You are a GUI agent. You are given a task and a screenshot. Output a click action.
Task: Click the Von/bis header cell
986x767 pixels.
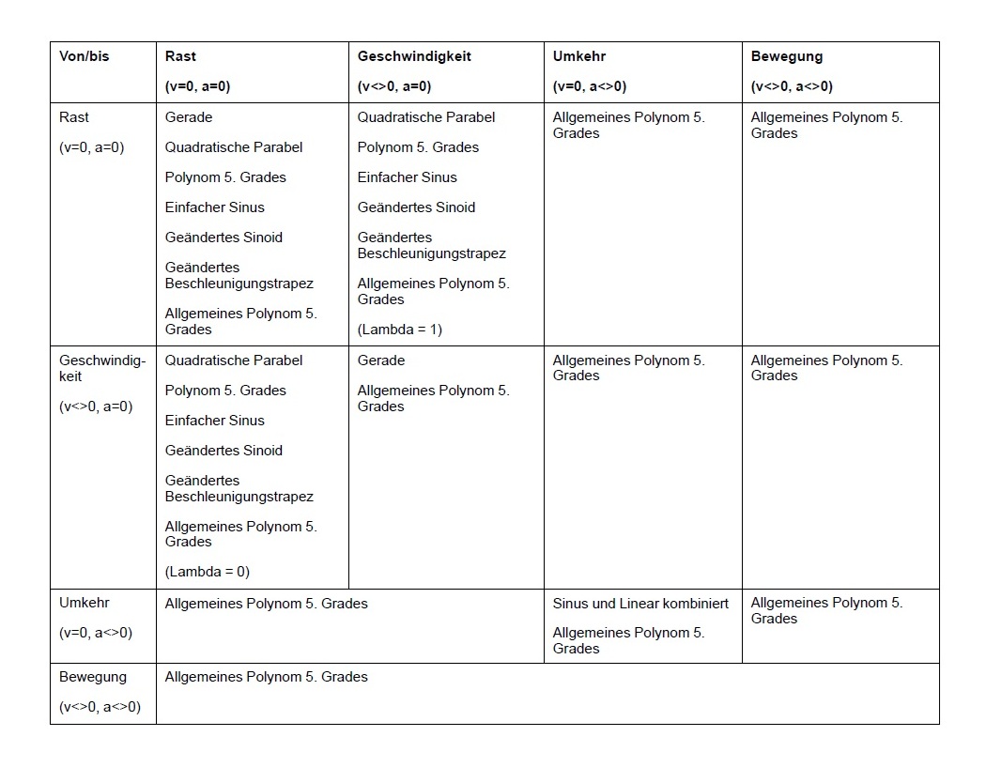(85, 56)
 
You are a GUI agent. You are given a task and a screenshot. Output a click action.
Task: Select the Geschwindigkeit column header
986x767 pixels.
(414, 56)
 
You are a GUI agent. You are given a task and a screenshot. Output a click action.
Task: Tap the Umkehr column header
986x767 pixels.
(579, 56)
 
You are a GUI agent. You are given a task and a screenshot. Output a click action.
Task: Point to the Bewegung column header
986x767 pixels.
(787, 56)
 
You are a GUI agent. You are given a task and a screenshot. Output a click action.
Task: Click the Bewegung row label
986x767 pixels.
(93, 677)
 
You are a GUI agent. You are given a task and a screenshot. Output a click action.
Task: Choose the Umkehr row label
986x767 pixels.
(85, 603)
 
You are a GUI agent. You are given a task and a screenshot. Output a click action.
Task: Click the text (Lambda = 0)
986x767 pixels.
(208, 572)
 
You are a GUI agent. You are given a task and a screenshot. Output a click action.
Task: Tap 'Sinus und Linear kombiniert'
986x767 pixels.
(640, 604)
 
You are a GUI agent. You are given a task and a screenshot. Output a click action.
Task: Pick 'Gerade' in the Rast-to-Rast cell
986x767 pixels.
(189, 117)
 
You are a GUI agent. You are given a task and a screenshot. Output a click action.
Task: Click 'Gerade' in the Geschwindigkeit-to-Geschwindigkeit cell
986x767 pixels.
(381, 360)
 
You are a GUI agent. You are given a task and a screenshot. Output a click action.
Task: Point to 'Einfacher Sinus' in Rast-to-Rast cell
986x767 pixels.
(215, 207)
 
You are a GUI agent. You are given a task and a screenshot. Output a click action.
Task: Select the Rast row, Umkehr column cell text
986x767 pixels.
(628, 125)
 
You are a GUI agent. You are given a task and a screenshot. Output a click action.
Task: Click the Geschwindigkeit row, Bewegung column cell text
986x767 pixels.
(826, 368)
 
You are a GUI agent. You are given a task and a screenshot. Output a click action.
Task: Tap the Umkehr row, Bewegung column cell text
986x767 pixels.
(826, 610)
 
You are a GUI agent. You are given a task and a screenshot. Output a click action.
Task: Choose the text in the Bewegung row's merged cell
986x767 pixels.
(267, 677)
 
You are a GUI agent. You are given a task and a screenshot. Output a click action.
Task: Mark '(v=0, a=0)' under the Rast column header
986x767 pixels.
(197, 86)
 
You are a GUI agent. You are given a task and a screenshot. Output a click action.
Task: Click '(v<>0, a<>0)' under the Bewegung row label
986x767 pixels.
(100, 707)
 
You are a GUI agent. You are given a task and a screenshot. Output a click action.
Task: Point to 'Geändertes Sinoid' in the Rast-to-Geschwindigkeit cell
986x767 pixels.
(416, 207)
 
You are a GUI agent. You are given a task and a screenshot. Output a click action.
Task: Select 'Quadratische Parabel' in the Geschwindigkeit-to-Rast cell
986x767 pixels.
(234, 360)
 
